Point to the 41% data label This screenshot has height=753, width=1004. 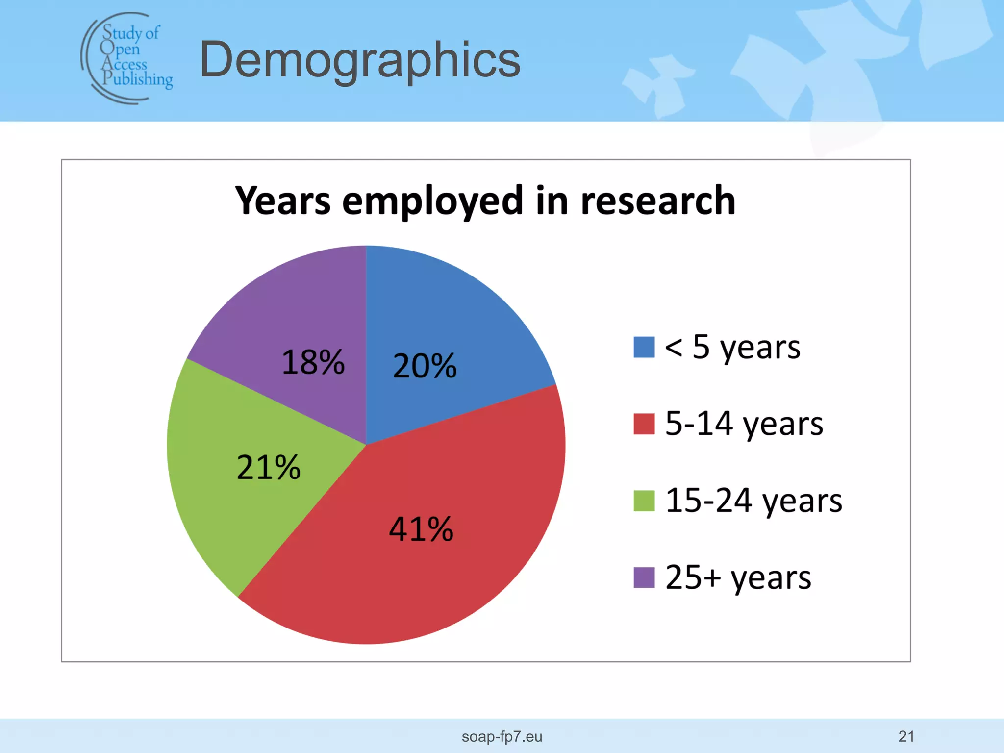pos(421,529)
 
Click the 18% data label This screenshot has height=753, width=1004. pos(313,362)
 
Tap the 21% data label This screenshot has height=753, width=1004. pos(268,467)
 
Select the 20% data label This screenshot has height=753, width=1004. pos(425,366)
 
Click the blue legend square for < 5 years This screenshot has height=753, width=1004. pos(644,347)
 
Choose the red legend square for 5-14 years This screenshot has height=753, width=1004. pos(644,424)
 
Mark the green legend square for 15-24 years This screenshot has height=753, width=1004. pos(644,501)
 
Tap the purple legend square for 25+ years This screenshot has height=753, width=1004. pos(644,577)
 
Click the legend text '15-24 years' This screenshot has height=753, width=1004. pos(753,501)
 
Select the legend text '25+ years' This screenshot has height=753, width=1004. pos(738,577)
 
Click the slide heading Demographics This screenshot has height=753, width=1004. pos(360,60)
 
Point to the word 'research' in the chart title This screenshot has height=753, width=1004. pos(658,201)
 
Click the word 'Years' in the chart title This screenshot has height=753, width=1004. pos(283,201)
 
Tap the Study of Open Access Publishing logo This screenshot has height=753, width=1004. pos(127,58)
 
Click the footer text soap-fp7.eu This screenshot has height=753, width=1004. pos(502,736)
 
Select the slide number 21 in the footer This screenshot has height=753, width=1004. pos(906,736)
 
